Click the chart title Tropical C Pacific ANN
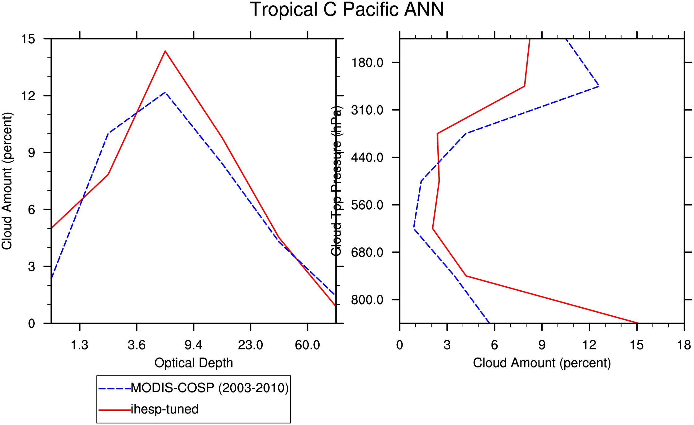click(347, 10)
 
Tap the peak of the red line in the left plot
click(165, 51)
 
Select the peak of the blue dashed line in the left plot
click(165, 92)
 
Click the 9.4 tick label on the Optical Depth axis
click(194, 345)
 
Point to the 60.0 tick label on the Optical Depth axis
click(307, 345)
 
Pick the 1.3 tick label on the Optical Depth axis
click(80, 345)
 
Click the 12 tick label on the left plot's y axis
click(28, 96)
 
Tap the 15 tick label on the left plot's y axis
click(28, 39)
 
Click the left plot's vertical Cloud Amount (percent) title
click(7, 181)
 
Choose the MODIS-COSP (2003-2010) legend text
click(210, 388)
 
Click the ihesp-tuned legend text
click(165, 409)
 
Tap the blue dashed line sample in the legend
click(115, 388)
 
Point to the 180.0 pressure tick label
click(367, 63)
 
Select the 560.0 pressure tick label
click(367, 205)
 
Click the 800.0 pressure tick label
click(367, 300)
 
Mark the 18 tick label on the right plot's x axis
click(684, 345)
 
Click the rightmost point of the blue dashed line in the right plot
click(599, 86)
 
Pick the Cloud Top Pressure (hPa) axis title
click(337, 181)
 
